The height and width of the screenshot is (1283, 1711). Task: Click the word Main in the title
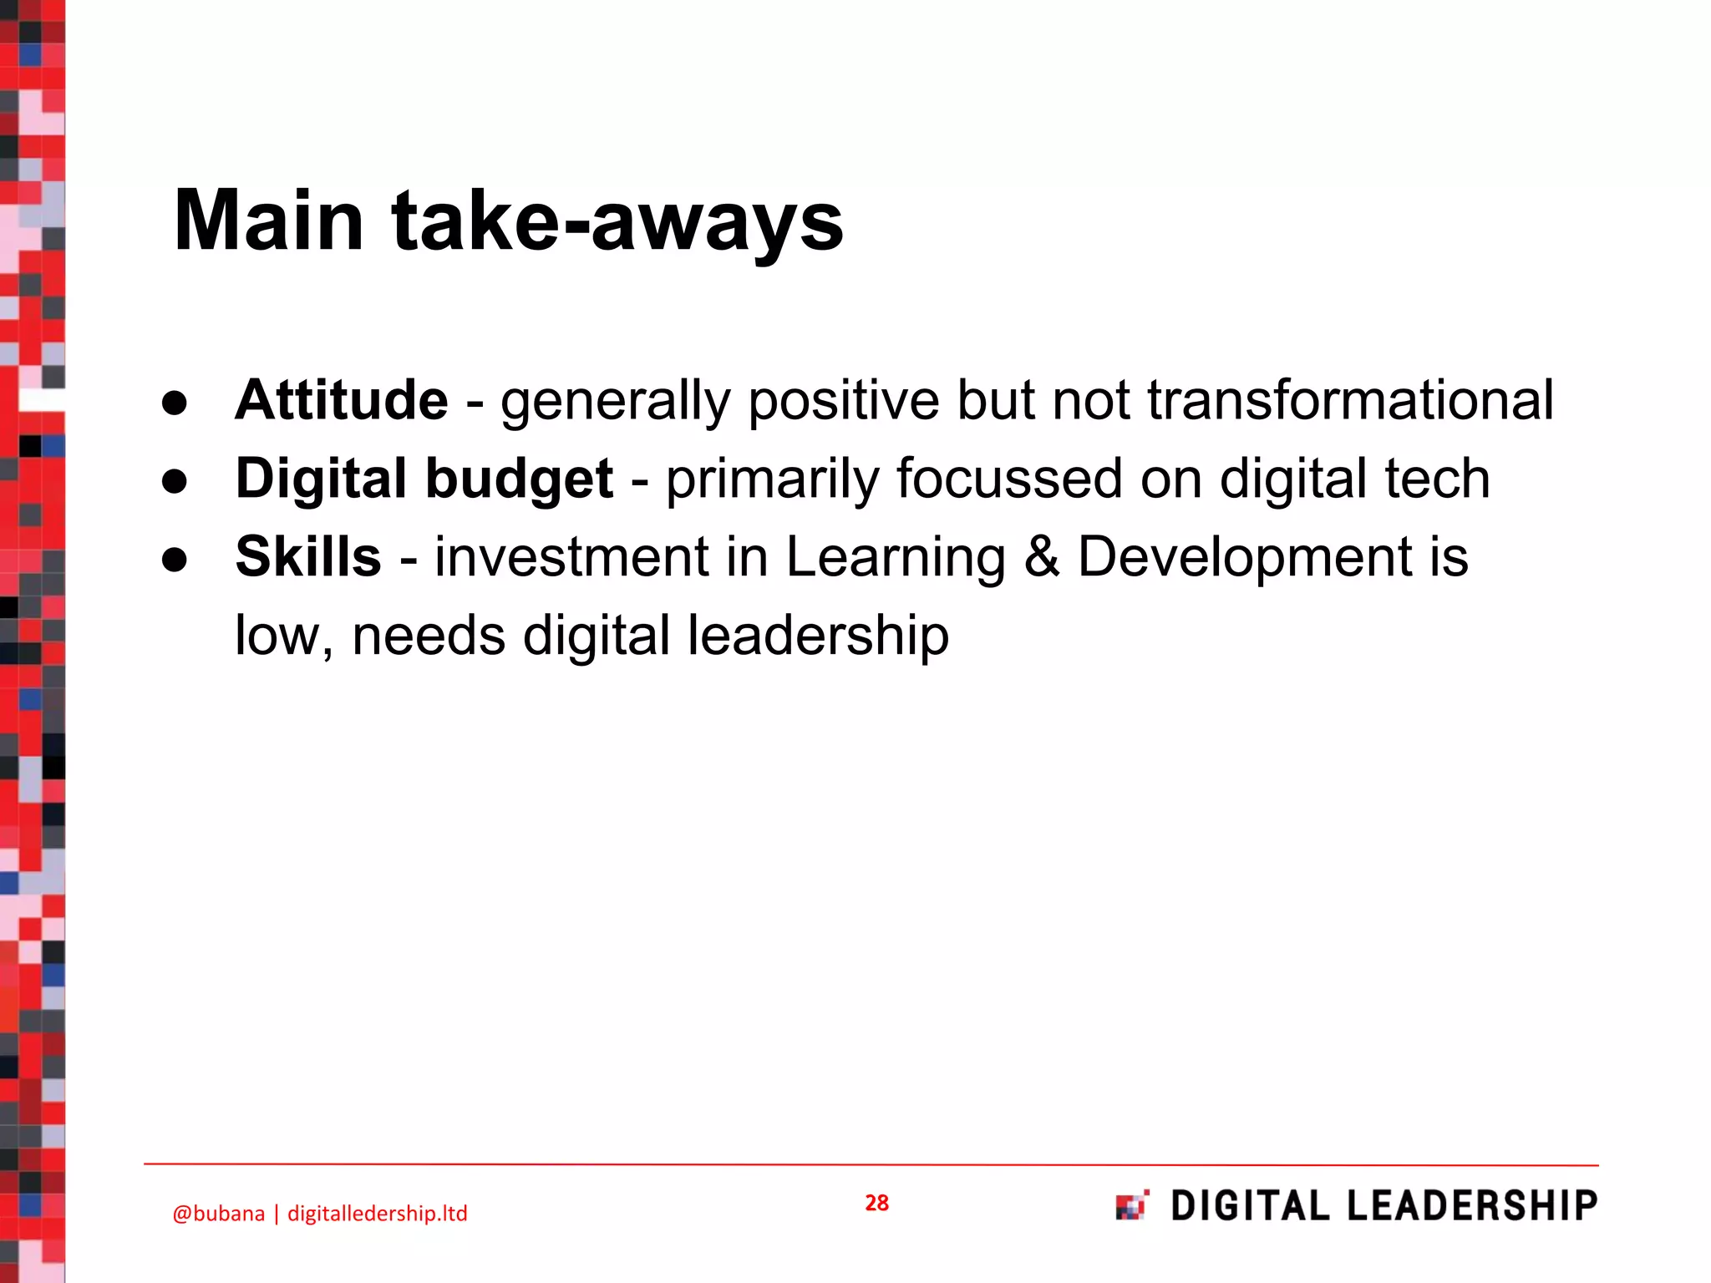pos(268,221)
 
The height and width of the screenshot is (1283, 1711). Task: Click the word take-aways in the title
pos(617,221)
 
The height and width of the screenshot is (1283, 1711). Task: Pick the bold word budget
pos(520,479)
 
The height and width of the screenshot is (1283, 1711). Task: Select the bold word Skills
pos(308,556)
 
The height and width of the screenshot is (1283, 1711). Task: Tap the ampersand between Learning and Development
pos(1041,556)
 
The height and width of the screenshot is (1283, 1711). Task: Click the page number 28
pos(876,1203)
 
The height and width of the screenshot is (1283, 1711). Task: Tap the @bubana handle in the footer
pos(218,1213)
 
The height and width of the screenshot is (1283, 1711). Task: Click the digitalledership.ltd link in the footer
pos(377,1213)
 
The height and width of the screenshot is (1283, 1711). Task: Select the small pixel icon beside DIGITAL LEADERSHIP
pos(1132,1205)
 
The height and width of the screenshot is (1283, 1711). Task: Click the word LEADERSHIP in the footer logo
pos(1472,1205)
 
